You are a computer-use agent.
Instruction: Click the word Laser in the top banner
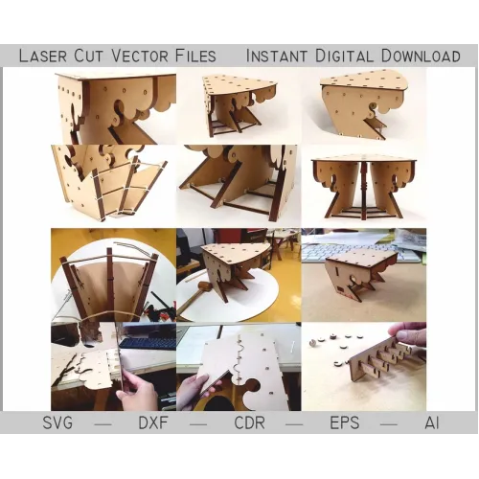[43, 56]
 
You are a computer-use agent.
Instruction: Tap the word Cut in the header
[89, 56]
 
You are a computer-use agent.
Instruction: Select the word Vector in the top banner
[140, 56]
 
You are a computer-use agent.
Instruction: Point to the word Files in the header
[195, 56]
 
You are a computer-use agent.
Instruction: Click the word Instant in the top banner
[277, 56]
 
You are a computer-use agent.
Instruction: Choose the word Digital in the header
[344, 56]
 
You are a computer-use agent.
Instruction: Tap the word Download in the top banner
[421, 56]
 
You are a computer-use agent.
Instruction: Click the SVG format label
[57, 422]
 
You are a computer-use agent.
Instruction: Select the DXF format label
[153, 422]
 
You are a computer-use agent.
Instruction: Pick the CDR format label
[250, 422]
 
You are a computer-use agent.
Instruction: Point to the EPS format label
[345, 422]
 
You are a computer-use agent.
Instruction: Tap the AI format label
[432, 422]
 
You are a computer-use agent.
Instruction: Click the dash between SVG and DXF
[103, 424]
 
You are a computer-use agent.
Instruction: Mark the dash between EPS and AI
[389, 424]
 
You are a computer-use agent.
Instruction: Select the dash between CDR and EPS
[294, 424]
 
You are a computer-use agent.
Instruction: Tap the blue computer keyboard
[148, 343]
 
